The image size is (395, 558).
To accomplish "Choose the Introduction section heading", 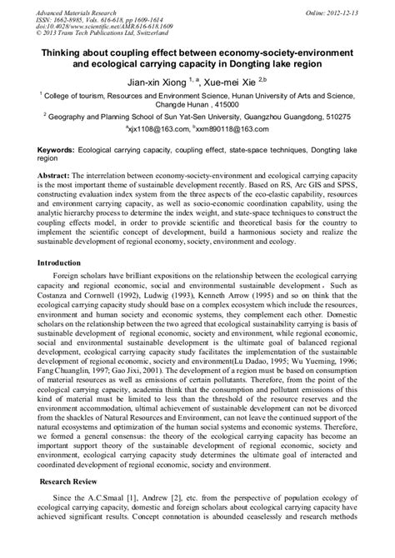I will pos(64,262).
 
